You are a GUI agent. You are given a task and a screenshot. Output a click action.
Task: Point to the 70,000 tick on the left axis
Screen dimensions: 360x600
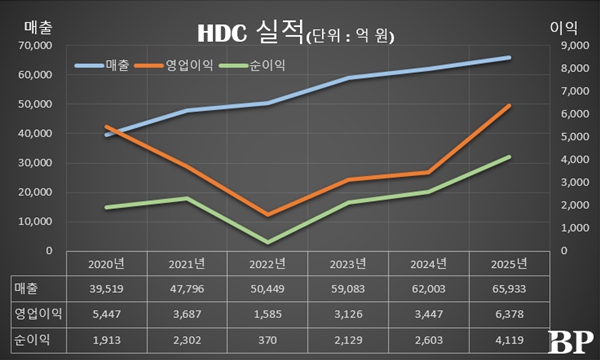(36, 45)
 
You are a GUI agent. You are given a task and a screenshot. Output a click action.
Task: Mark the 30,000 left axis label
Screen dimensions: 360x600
(36, 162)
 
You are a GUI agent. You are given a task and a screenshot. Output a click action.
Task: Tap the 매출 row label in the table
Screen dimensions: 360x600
(25, 289)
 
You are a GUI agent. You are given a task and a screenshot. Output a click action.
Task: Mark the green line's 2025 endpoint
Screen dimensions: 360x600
(510, 157)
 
